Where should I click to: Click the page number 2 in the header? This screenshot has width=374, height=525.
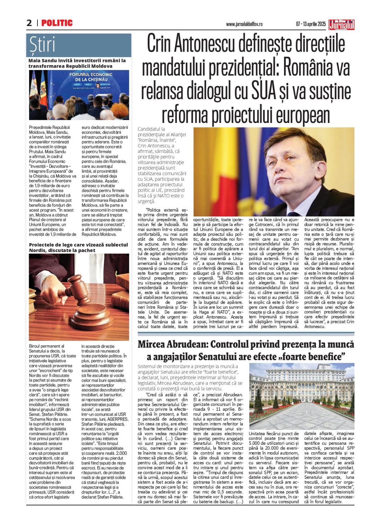29,23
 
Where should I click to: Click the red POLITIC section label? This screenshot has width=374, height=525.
57,23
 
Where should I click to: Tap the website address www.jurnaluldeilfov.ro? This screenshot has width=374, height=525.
244,24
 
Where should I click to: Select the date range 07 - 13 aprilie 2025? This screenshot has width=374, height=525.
311,24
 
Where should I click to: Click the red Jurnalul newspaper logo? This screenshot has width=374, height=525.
341,25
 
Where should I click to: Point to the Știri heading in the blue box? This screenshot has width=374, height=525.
42,45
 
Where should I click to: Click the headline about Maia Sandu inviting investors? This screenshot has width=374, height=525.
77,63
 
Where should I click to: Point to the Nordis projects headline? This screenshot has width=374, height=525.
78,248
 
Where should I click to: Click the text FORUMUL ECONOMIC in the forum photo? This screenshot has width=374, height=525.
91,75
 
